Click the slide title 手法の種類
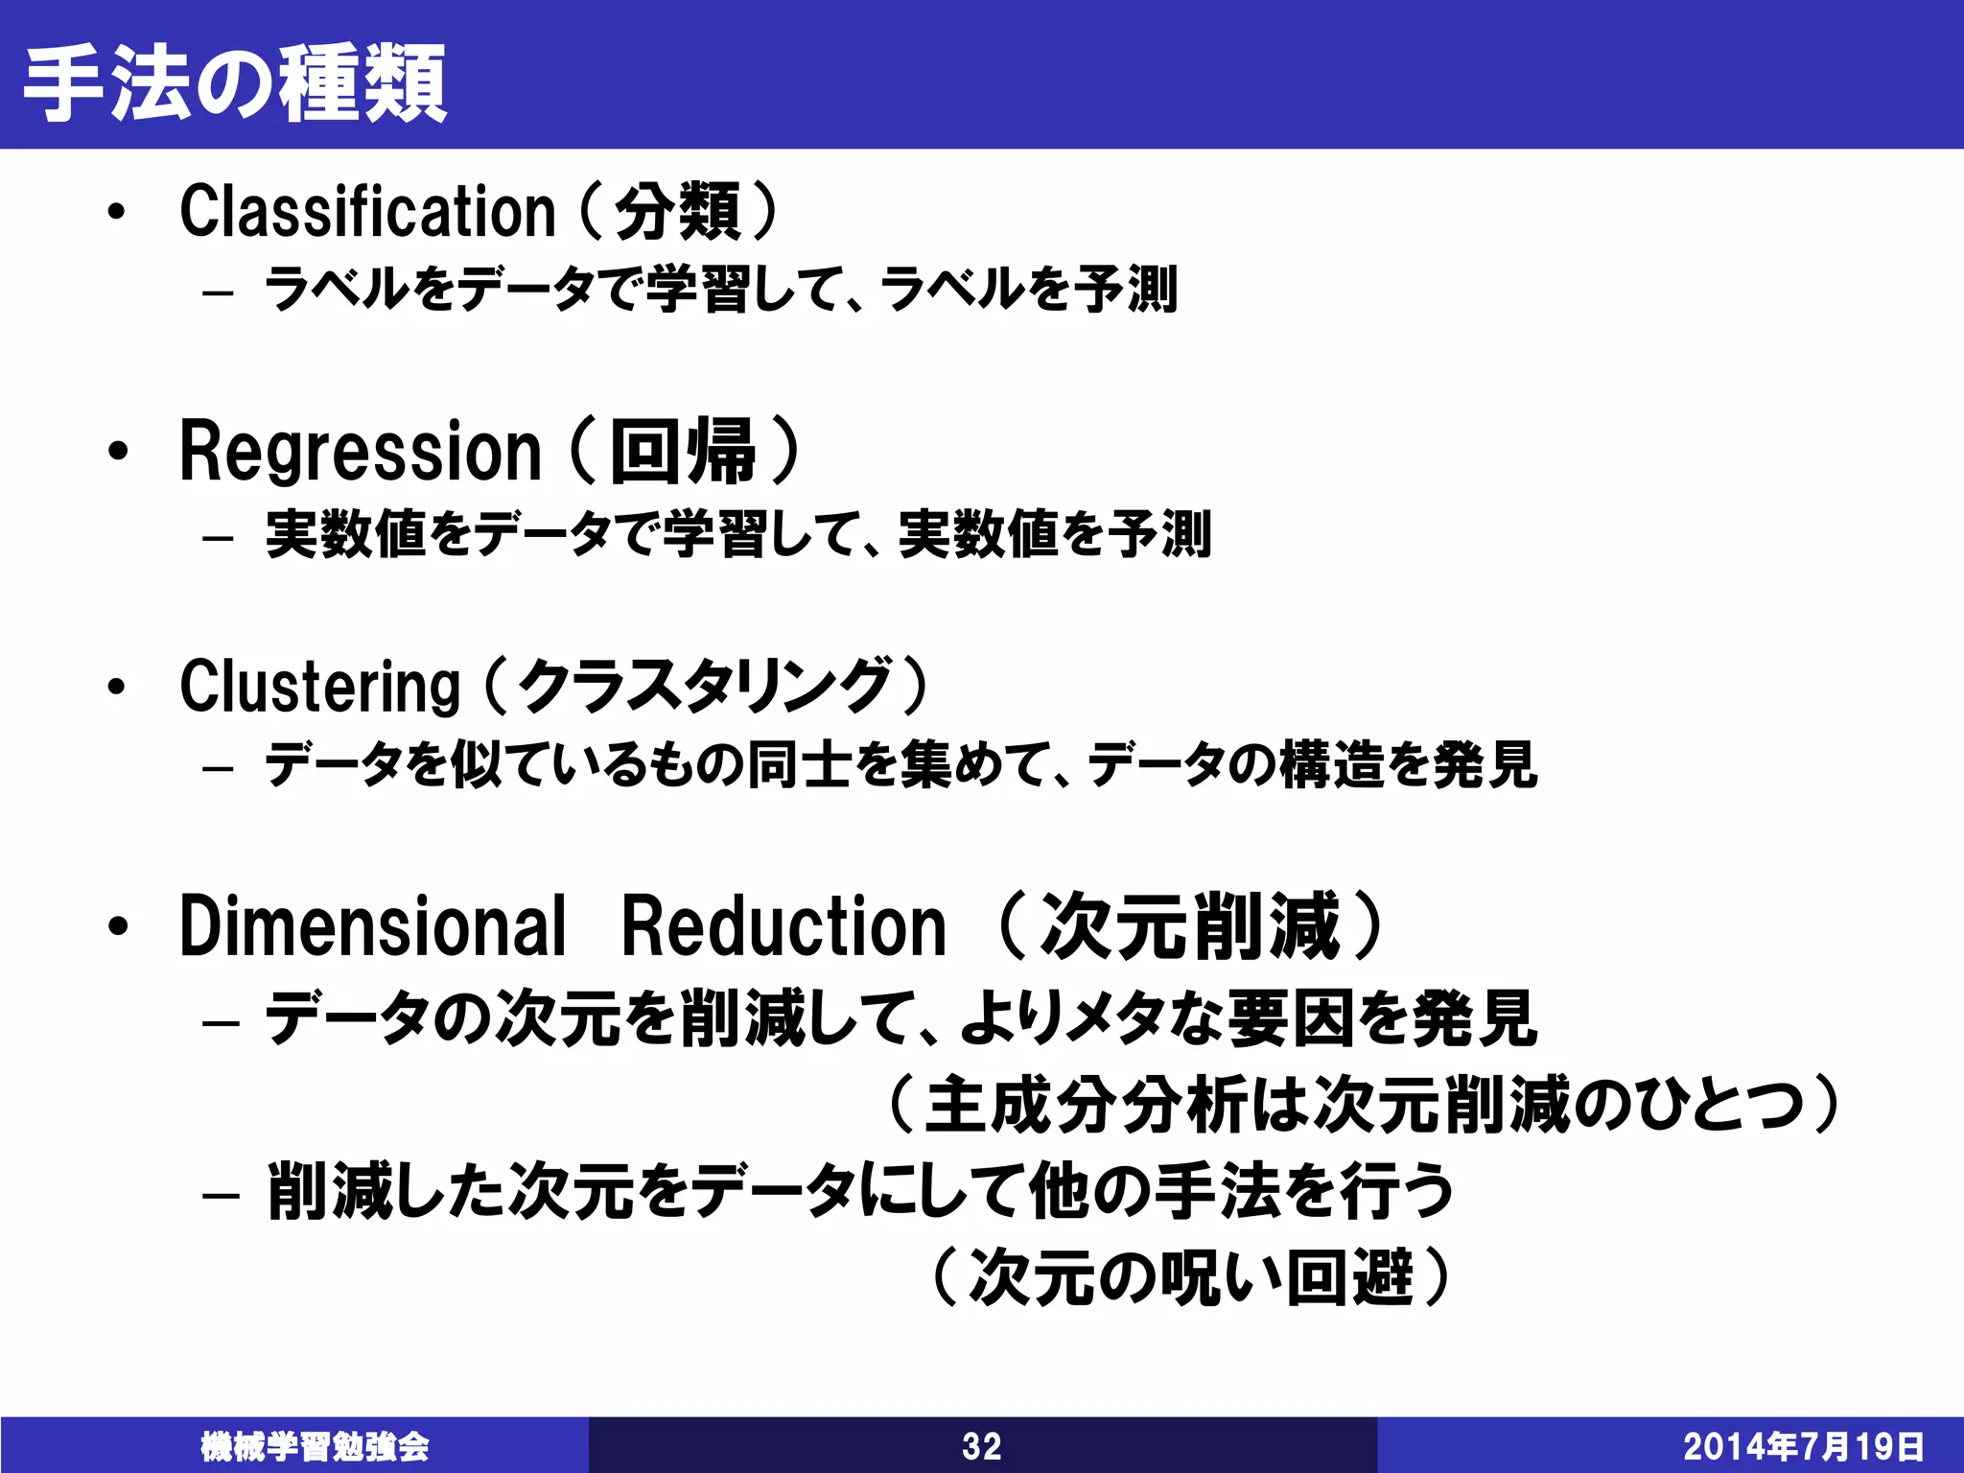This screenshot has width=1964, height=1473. pyautogui.click(x=235, y=83)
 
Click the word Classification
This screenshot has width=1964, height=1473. pyautogui.click(x=367, y=212)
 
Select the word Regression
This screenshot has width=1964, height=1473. pyautogui.click(x=361, y=452)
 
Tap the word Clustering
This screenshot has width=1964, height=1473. pyautogui.click(x=320, y=687)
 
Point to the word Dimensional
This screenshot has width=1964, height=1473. pyautogui.click(x=373, y=926)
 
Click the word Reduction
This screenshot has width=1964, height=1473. pyautogui.click(x=783, y=926)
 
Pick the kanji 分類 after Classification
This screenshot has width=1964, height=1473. pyautogui.click(x=677, y=212)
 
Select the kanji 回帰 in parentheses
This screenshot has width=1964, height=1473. pyautogui.click(x=683, y=452)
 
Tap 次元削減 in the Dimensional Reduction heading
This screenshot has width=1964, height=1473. pyautogui.click(x=1190, y=926)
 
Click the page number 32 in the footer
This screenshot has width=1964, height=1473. pyautogui.click(x=981, y=1446)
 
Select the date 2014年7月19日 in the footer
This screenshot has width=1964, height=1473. pyautogui.click(x=1803, y=1446)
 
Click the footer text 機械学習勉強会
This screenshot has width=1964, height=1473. pyautogui.click(x=315, y=1446)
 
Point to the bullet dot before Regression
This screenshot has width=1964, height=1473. pyautogui.click(x=117, y=451)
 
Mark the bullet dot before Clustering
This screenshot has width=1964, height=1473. pyautogui.click(x=117, y=687)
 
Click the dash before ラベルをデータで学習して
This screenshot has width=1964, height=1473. pyautogui.click(x=219, y=292)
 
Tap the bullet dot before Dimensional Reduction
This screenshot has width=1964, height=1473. pyautogui.click(x=117, y=926)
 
